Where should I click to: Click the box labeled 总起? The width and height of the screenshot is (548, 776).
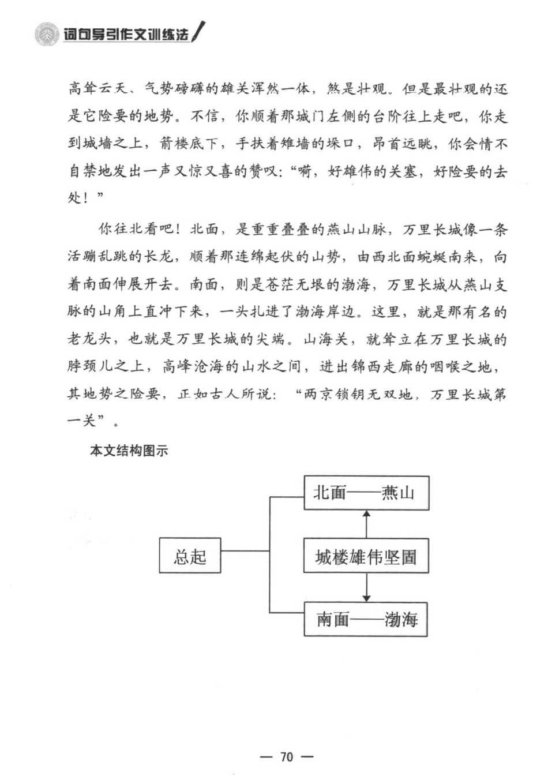click(x=190, y=556)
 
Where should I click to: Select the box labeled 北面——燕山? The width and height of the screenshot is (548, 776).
click(x=366, y=493)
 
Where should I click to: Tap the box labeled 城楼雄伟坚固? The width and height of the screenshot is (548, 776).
click(x=366, y=556)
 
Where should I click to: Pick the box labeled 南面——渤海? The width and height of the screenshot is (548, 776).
click(x=366, y=619)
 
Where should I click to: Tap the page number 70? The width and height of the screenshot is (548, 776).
click(x=287, y=756)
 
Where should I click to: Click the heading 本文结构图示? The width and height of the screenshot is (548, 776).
click(x=129, y=451)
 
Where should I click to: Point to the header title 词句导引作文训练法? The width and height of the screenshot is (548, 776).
click(x=126, y=35)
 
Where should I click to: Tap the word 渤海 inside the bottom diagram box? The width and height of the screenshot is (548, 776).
click(x=401, y=619)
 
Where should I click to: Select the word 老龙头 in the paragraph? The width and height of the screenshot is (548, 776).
click(x=89, y=339)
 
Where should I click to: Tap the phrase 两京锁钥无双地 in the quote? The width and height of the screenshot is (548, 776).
click(x=358, y=394)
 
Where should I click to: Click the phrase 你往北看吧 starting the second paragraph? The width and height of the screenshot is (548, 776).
click(x=136, y=229)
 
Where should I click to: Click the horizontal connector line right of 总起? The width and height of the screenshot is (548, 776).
click(x=245, y=550)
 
